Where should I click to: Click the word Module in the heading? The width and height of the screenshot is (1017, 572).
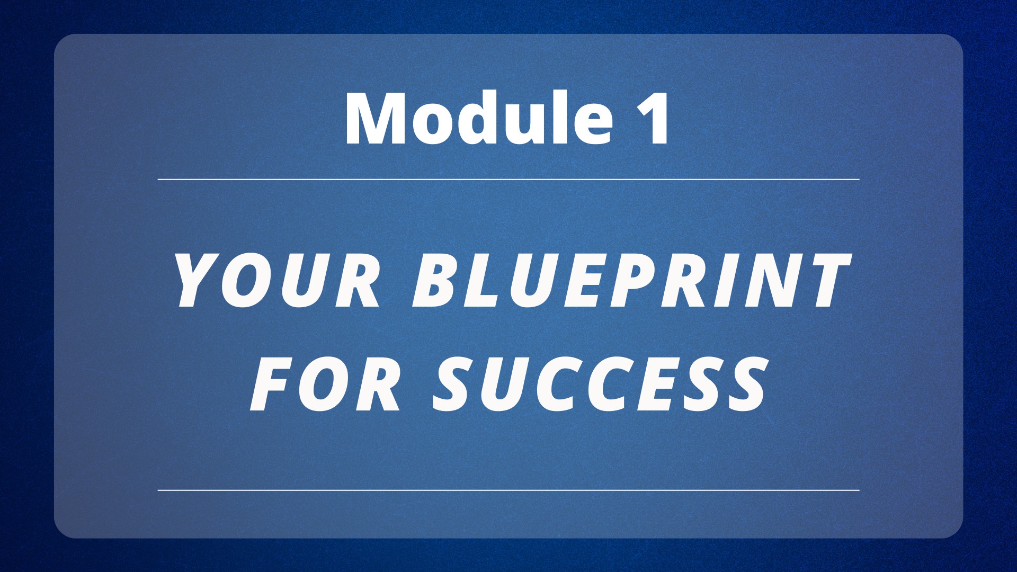(479, 118)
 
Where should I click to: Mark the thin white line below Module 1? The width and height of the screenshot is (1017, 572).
(508, 180)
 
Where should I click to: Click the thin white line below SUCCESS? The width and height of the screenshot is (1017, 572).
(508, 490)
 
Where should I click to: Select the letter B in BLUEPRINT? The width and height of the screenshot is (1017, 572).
(438, 281)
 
